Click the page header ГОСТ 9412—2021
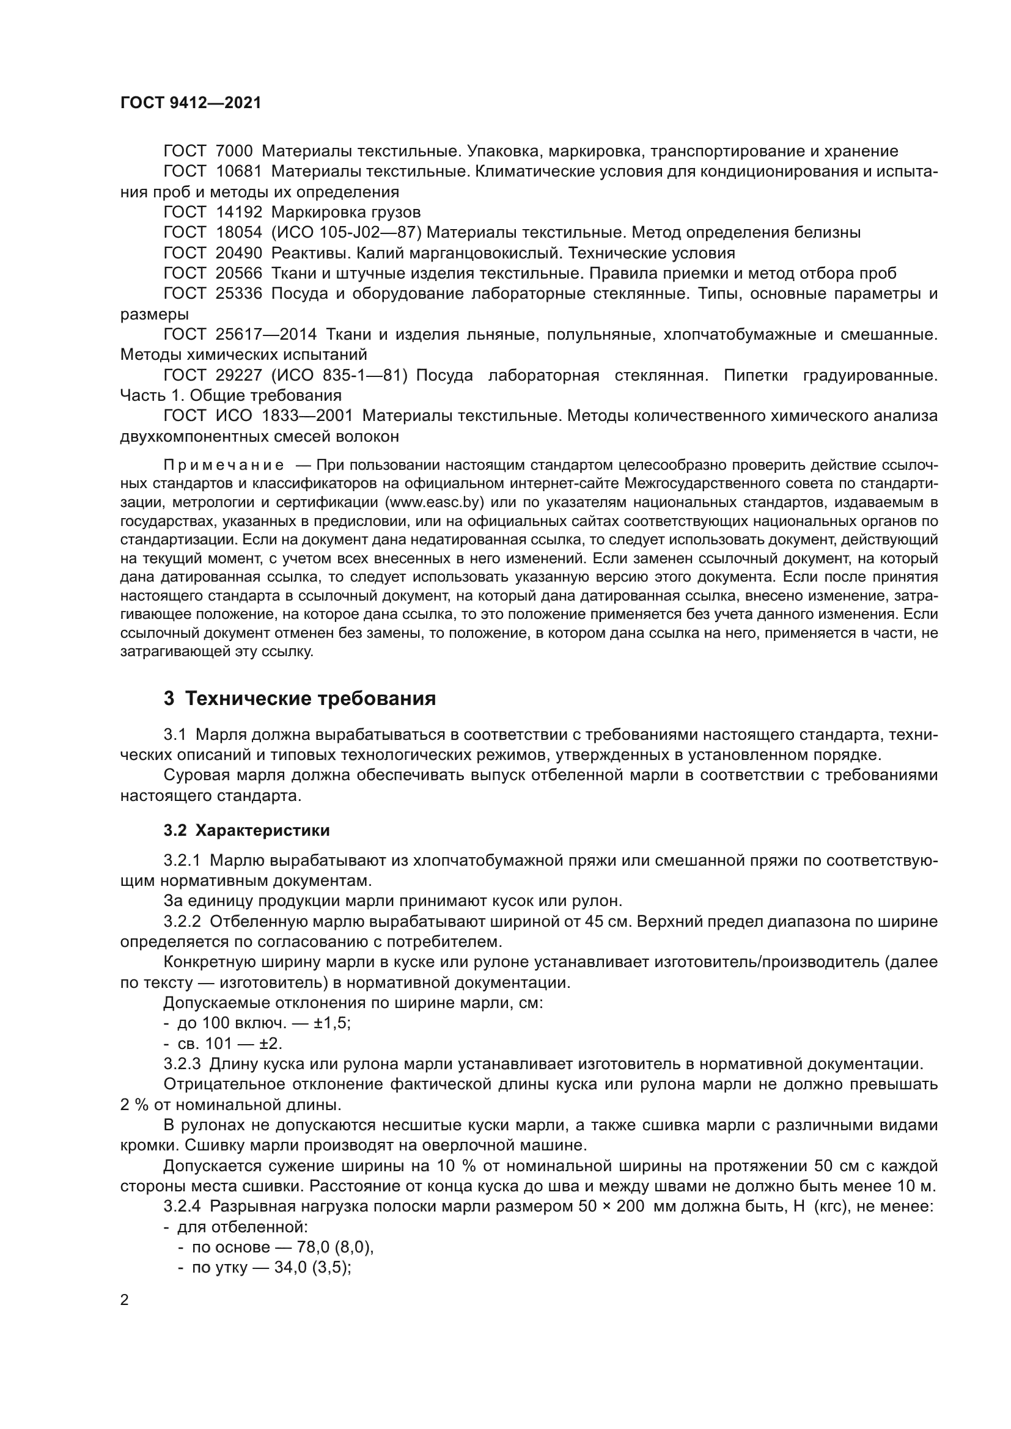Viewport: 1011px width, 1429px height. tap(191, 103)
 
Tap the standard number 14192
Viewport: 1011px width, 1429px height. tap(239, 212)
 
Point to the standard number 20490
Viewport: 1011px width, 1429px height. tap(239, 254)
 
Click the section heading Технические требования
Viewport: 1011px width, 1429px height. tap(310, 699)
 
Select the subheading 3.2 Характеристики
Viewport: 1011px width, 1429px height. tap(246, 830)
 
